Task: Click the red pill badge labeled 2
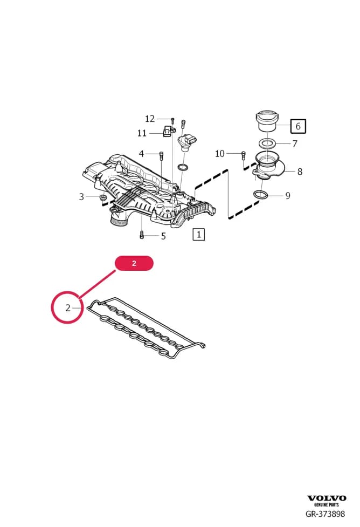[134, 263]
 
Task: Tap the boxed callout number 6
[298, 126]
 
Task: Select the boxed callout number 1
[198, 234]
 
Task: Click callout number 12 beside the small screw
[150, 119]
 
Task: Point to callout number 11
[142, 133]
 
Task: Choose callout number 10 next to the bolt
[220, 154]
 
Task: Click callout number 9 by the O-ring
[287, 196]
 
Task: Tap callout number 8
[300, 172]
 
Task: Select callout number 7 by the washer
[294, 144]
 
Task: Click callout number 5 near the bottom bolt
[163, 236]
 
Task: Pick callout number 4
[141, 154]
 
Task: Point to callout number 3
[81, 197]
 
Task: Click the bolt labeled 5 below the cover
[141, 235]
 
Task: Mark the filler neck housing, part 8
[268, 167]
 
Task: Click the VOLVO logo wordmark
[327, 498]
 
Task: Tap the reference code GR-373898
[325, 514]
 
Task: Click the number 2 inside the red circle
[68, 308]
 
